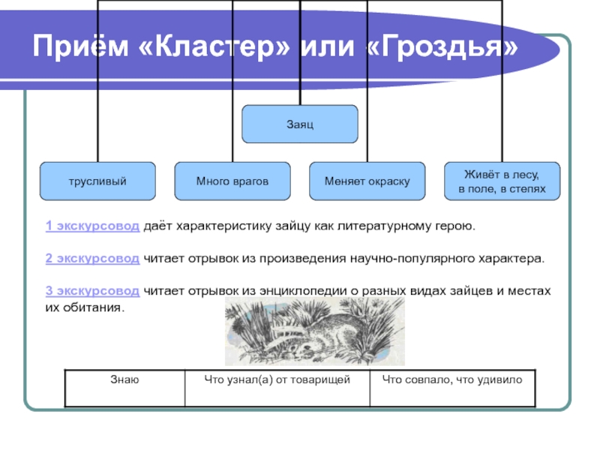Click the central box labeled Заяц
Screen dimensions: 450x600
(299, 124)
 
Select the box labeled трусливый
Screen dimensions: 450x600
(97, 181)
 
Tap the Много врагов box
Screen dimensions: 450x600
(232, 181)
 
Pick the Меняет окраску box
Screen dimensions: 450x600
(367, 181)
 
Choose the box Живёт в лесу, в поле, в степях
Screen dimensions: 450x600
(502, 181)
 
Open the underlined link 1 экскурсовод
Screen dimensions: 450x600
(92, 225)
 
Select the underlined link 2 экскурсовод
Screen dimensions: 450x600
(92, 258)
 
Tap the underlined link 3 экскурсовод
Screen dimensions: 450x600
(92, 290)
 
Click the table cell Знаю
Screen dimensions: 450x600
(124, 381)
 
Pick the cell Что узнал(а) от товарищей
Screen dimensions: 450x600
(277, 381)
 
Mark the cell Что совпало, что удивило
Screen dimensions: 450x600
(452, 381)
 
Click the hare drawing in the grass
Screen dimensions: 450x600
(314, 331)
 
